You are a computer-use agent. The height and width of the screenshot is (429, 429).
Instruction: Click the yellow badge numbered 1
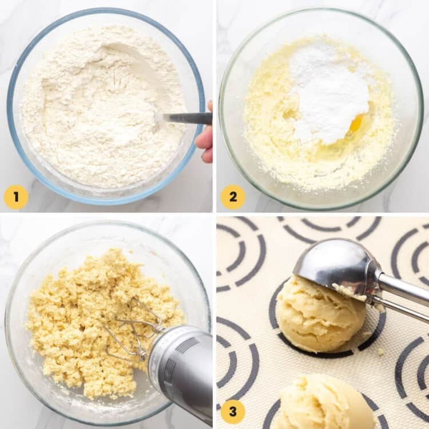pyautogui.click(x=16, y=197)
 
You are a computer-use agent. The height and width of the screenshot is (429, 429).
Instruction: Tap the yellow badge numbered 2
pyautogui.click(x=233, y=197)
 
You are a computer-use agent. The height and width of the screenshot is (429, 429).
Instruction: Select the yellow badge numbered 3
pyautogui.click(x=233, y=411)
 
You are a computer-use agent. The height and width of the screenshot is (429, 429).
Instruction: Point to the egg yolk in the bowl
pyautogui.click(x=356, y=123)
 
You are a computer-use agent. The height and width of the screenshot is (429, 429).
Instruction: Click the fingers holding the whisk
pyautogui.click(x=206, y=140)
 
